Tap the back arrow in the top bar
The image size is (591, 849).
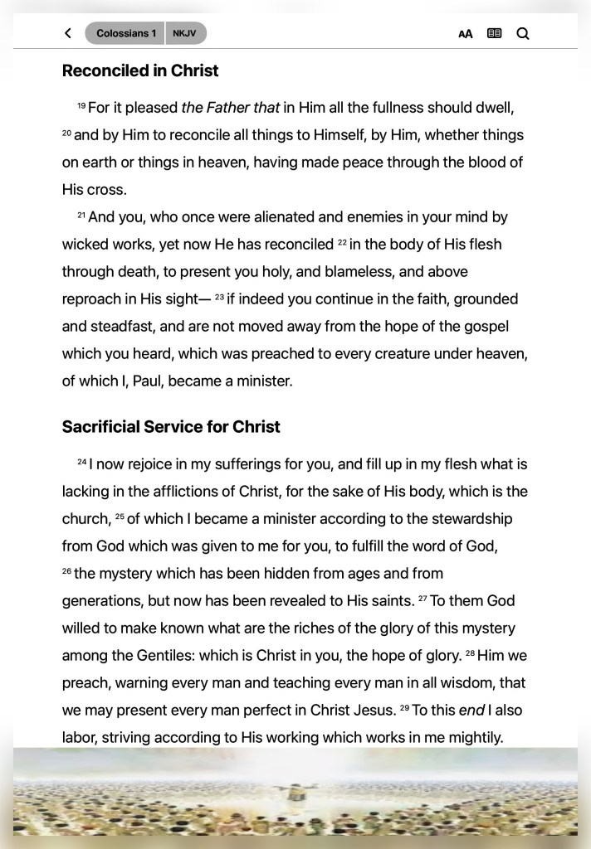tap(67, 33)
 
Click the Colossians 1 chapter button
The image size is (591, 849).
tap(125, 33)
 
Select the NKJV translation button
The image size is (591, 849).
tap(185, 33)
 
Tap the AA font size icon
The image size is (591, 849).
tap(466, 34)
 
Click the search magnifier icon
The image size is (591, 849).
tap(523, 33)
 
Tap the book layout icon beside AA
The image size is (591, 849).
tap(495, 33)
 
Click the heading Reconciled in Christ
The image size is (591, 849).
tap(140, 70)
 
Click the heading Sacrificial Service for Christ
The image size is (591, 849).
tap(171, 427)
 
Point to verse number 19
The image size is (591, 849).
tap(81, 106)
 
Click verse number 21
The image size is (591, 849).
tap(81, 216)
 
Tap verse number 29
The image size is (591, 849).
tap(404, 709)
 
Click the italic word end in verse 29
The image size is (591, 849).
tap(471, 711)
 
